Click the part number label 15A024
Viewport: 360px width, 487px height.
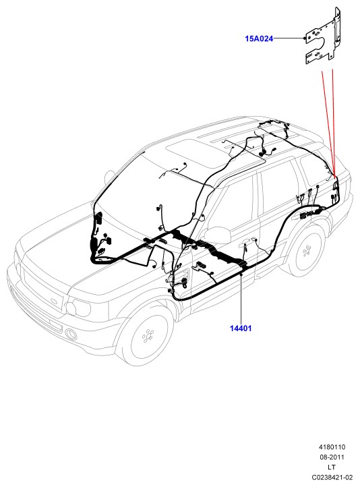[259, 39]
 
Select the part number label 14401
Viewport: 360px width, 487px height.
[241, 328]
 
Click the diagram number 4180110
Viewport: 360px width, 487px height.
[332, 447]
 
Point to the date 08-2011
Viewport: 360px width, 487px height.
[332, 457]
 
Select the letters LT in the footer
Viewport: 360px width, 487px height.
[332, 467]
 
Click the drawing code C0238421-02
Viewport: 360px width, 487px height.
[332, 477]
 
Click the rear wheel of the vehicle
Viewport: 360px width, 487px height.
[307, 252]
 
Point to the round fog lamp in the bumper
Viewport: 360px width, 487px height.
[71, 334]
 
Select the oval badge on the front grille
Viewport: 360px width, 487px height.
[55, 302]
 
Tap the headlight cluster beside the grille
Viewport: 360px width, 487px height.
[78, 308]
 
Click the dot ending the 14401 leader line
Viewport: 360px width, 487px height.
[241, 275]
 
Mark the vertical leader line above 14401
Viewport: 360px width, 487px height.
[241, 299]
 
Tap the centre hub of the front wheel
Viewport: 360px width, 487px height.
[148, 336]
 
